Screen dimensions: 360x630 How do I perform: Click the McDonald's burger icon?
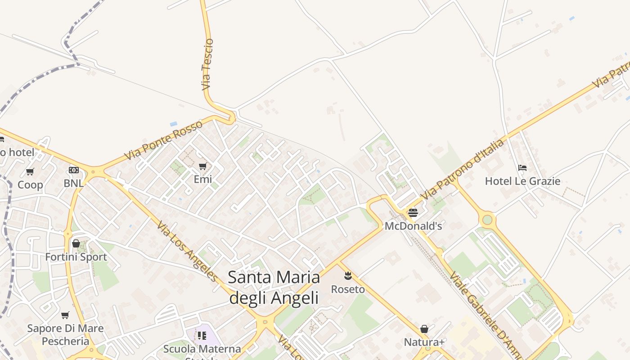(413, 213)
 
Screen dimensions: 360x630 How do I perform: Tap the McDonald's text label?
(413, 226)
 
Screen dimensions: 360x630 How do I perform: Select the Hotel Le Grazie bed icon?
(522, 168)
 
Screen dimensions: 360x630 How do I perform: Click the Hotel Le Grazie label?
(522, 181)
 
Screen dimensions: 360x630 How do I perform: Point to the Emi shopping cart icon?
(203, 166)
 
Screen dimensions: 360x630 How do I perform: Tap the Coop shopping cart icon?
(30, 171)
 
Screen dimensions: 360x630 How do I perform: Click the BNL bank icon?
(73, 170)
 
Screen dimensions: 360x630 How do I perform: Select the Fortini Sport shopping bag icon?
(76, 244)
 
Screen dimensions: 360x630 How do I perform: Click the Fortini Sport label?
(76, 257)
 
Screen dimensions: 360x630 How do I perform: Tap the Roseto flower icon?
(347, 275)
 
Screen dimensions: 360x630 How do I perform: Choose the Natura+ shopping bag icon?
(424, 329)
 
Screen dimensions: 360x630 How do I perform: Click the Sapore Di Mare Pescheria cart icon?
(65, 315)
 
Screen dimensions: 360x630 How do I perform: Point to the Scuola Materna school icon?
(202, 335)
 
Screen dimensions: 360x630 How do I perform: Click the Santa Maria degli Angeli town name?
(274, 287)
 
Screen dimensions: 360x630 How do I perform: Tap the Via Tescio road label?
(207, 64)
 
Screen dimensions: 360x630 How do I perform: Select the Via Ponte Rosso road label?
(163, 140)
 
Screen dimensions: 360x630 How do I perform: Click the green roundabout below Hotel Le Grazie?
(487, 220)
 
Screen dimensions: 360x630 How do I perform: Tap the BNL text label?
(73, 183)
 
